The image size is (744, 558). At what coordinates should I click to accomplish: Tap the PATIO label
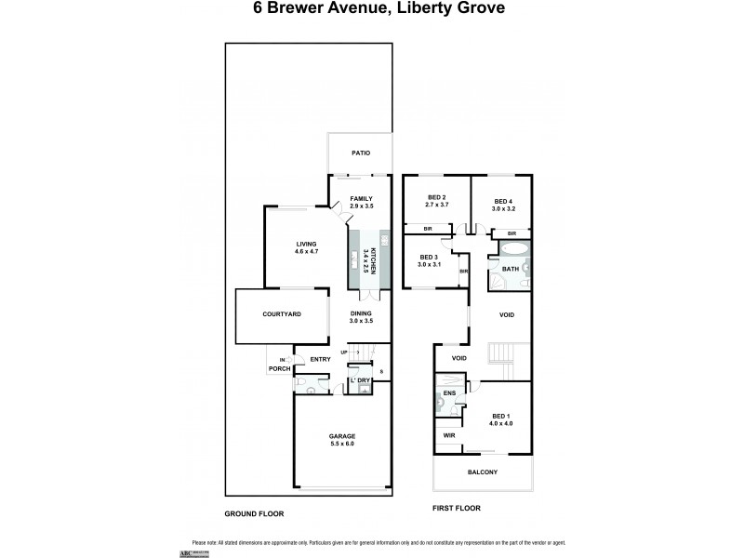point(360,153)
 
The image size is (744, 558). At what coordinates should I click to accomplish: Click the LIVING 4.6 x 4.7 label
point(306,247)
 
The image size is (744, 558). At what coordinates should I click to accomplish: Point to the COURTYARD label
point(281,315)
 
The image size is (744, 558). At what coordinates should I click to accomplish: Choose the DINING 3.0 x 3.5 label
point(361,317)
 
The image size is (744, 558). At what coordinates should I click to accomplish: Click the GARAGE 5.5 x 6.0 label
point(341,440)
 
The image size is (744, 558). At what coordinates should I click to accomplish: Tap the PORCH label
point(278,369)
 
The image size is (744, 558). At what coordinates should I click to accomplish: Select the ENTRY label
point(320,359)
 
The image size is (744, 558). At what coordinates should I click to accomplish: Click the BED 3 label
point(428,260)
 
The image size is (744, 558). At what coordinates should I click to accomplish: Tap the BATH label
point(511,270)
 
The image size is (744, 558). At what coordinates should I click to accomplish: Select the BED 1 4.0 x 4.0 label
point(501,419)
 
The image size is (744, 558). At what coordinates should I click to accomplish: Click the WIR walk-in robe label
point(447,433)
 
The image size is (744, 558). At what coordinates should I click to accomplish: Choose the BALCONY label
point(481,472)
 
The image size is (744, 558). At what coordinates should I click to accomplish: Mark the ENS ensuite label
point(448,394)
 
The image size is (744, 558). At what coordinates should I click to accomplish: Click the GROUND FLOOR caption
point(254,513)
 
